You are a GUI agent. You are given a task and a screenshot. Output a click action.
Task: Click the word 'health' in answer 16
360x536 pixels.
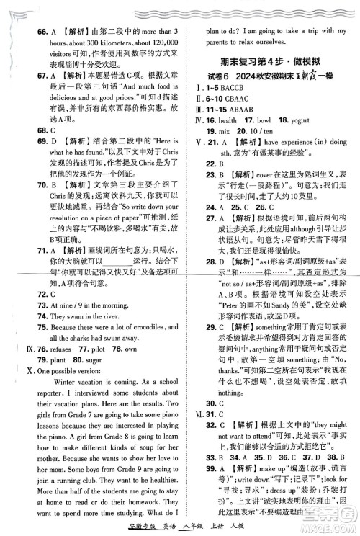228,130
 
